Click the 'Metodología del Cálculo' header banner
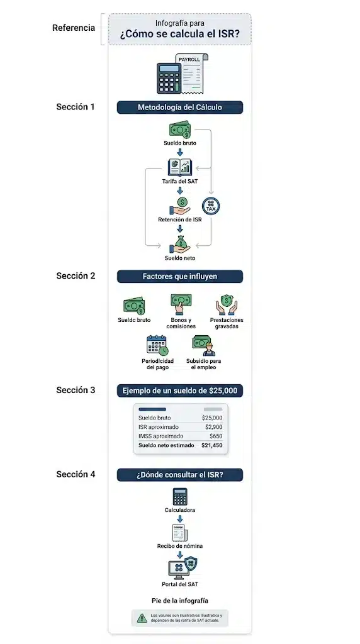click(x=179, y=107)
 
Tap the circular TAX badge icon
click(x=211, y=206)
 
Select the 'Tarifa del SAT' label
click(x=179, y=181)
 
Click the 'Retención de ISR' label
click(x=179, y=219)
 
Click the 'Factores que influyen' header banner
click(x=179, y=277)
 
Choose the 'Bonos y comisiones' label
click(x=181, y=323)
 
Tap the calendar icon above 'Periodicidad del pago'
click(x=157, y=345)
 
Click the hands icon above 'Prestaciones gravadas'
click(x=227, y=305)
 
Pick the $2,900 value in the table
click(x=214, y=427)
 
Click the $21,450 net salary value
click(x=212, y=445)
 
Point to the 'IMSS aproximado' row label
click(x=161, y=436)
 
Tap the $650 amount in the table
click(x=216, y=436)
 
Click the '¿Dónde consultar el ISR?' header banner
click(x=179, y=475)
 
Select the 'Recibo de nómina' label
click(x=179, y=547)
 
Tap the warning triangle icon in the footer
click(x=142, y=618)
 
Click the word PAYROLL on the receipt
click(x=189, y=60)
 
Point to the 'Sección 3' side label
click(x=76, y=390)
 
